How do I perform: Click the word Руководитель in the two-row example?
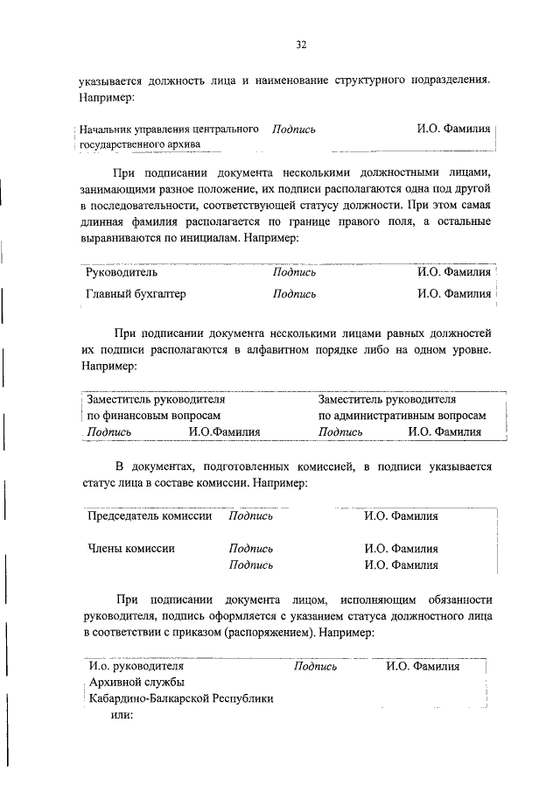[x=122, y=272]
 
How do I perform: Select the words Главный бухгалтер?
[x=136, y=294]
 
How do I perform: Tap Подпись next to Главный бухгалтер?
[x=294, y=294]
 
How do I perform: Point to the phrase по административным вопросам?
[x=402, y=416]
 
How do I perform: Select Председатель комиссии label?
[x=150, y=516]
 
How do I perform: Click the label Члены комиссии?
[x=130, y=549]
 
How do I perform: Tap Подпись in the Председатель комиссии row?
[x=250, y=516]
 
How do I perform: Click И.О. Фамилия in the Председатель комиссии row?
[x=401, y=516]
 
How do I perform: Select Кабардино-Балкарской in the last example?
[x=141, y=699]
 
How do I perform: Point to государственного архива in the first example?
[x=140, y=144]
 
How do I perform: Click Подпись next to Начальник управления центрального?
[x=294, y=130]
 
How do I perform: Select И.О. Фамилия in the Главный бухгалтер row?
[x=454, y=294]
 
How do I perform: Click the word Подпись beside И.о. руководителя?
[x=316, y=666]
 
